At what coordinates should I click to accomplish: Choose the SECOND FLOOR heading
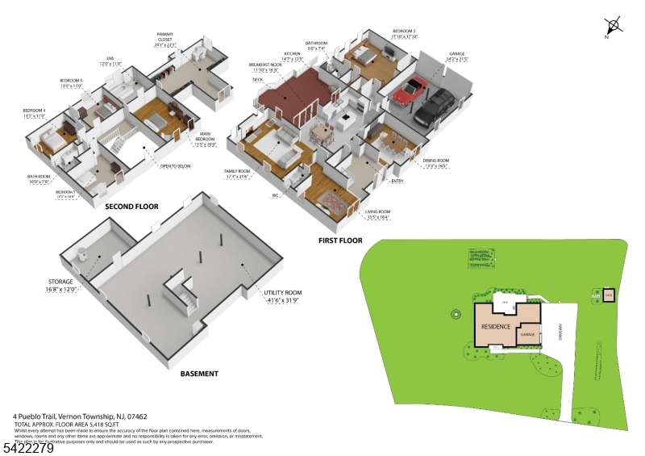coord(131,207)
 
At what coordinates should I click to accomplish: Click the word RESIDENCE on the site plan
coord(496,327)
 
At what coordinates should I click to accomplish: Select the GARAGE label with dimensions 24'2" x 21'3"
coord(457,56)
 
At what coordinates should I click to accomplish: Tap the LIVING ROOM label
coord(378,214)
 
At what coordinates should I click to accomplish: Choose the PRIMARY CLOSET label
coord(164,37)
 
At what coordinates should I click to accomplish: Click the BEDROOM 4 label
coord(34,111)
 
